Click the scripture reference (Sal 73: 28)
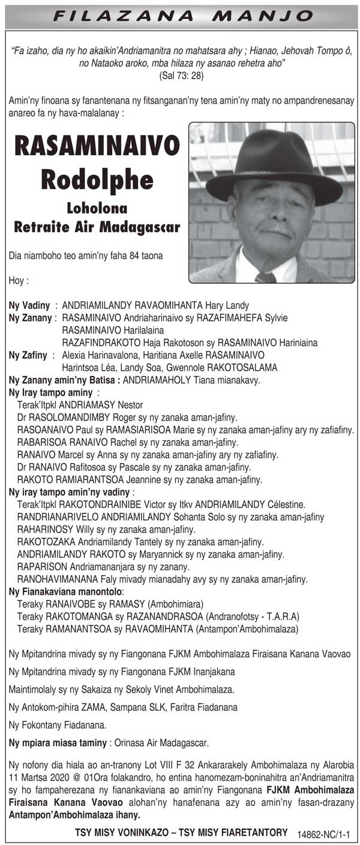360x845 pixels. pyautogui.click(x=179, y=76)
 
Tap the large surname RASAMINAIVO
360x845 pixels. pyautogui.click(x=97, y=146)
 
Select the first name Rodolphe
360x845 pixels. pyautogui.click(x=97, y=178)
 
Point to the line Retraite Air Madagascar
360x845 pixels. pyautogui.click(x=97, y=227)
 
